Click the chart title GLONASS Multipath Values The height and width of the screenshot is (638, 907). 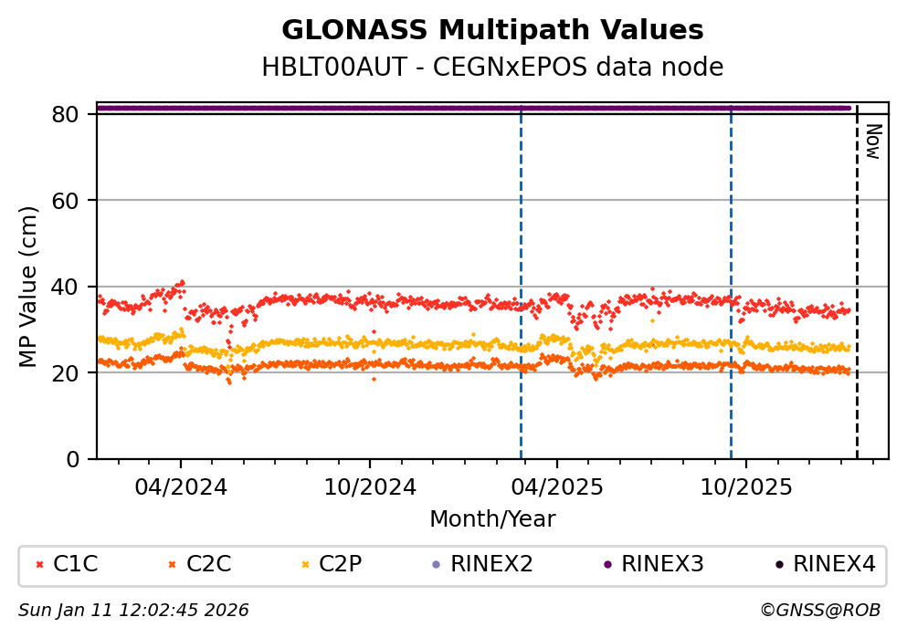click(x=492, y=30)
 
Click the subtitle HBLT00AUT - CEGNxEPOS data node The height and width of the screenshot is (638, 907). click(x=492, y=68)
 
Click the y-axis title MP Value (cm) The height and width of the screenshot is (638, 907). click(x=30, y=287)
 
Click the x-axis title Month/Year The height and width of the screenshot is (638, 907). click(x=492, y=519)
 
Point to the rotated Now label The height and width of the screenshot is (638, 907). click(x=872, y=141)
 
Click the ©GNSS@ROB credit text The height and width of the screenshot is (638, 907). click(x=819, y=610)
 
